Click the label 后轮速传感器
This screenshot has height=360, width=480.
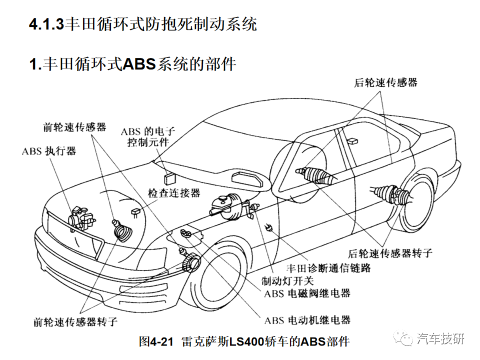pyautogui.click(x=385, y=82)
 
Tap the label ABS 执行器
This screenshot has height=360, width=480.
pyautogui.click(x=49, y=151)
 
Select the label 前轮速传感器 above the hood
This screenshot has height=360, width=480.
pyautogui.click(x=74, y=127)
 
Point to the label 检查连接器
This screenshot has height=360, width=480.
pyautogui.click(x=174, y=193)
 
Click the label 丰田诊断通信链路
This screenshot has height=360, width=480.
pyautogui.click(x=328, y=268)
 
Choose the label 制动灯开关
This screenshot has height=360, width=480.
pyautogui.click(x=287, y=280)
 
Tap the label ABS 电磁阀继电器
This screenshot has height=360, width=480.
pyautogui.click(x=307, y=293)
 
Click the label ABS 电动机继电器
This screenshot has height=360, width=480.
pyautogui.click(x=307, y=320)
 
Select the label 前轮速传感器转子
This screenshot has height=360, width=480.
pyautogui.click(x=75, y=321)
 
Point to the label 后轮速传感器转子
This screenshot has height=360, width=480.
pyautogui.click(x=390, y=253)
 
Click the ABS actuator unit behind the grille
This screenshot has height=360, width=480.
pyautogui.click(x=81, y=218)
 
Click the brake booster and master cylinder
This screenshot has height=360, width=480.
pyautogui.click(x=230, y=206)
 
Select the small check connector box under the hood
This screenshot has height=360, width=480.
pyautogui.click(x=136, y=212)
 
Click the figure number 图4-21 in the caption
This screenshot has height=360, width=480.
pyautogui.click(x=156, y=341)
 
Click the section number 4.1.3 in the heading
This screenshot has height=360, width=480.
pyautogui.click(x=46, y=24)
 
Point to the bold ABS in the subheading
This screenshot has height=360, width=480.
pyautogui.click(x=139, y=64)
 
